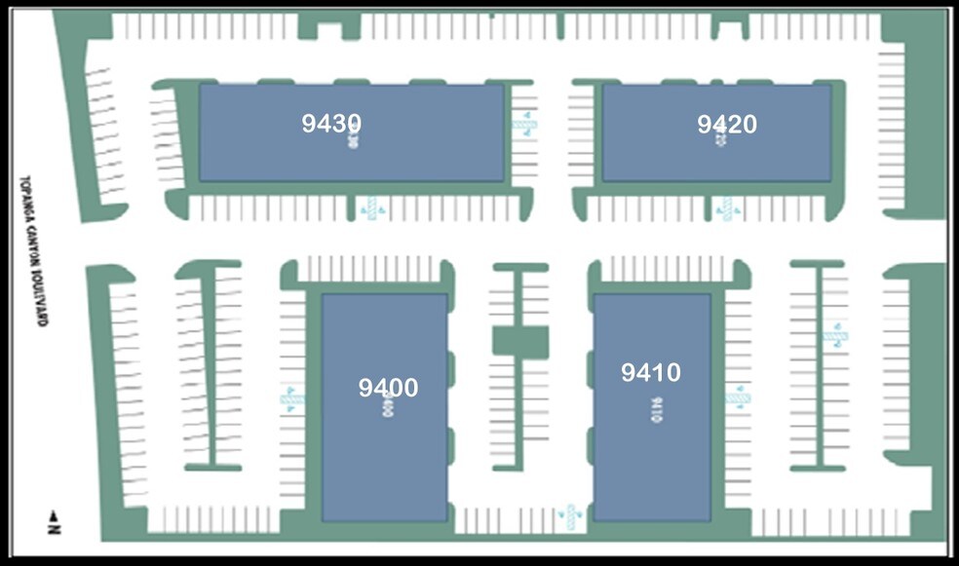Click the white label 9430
pyautogui.click(x=331, y=124)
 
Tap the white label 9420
pyautogui.click(x=727, y=125)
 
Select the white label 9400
pyautogui.click(x=388, y=388)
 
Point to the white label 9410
pyautogui.click(x=651, y=372)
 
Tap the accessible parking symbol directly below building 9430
pyautogui.click(x=370, y=208)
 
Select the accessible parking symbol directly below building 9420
pyautogui.click(x=726, y=208)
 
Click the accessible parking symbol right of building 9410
pyautogui.click(x=738, y=396)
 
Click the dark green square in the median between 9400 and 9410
pyautogui.click(x=520, y=341)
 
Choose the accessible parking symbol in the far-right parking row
pyautogui.click(x=835, y=336)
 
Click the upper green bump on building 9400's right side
pyautogui.click(x=452, y=368)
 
